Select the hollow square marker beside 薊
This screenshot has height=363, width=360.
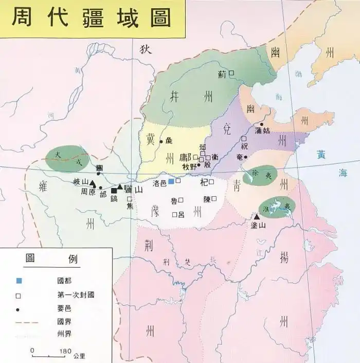coord(231,74)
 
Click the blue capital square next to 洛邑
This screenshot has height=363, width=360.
coord(171,181)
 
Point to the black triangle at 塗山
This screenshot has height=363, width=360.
coord(257,217)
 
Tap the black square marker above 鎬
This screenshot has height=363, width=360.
coord(114,191)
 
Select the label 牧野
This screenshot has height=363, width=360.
coord(189,165)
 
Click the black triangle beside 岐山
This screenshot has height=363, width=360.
coord(93,183)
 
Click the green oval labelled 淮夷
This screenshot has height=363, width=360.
coord(277,206)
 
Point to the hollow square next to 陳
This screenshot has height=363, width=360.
coord(214,198)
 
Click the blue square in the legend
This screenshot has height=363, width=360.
coord(19,281)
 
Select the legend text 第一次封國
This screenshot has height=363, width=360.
coord(76,296)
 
